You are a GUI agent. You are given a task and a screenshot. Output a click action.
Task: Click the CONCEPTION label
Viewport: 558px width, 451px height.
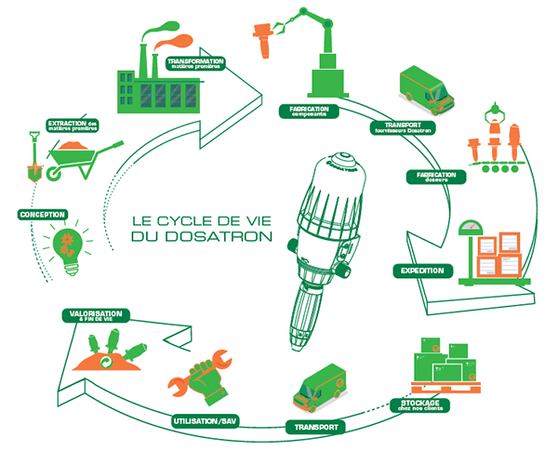42,214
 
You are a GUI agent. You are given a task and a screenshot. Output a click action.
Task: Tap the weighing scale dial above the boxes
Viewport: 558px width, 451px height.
475,226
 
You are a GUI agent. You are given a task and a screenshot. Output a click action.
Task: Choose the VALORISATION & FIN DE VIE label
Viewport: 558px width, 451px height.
94,316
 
